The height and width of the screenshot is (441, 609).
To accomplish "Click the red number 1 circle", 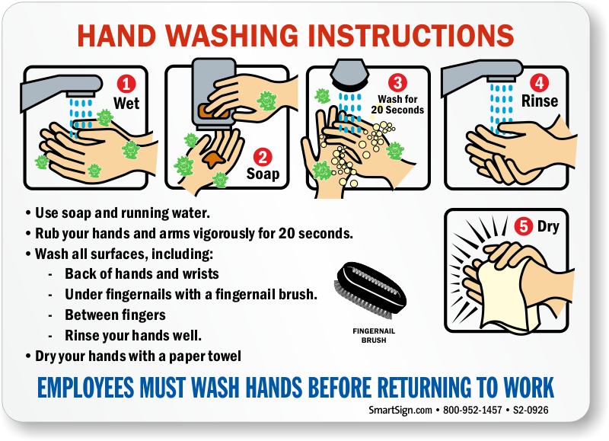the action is click(x=126, y=84).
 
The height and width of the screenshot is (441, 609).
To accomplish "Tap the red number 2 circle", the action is click(x=263, y=158).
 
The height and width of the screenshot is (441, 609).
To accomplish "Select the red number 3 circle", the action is click(x=397, y=83).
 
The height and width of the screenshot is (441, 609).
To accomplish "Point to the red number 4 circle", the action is click(x=540, y=83).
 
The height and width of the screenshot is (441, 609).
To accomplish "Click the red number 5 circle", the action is click(x=524, y=226).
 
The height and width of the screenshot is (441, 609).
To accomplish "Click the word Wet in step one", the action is click(x=126, y=104).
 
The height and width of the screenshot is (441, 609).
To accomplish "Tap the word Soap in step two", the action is click(x=263, y=174).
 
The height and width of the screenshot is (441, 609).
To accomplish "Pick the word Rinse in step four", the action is click(x=540, y=101).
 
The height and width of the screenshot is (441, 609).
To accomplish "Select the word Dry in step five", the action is click(x=548, y=226).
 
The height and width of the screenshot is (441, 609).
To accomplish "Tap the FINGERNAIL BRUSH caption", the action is click(x=374, y=335).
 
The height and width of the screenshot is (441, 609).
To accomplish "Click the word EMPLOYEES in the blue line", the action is click(x=86, y=388).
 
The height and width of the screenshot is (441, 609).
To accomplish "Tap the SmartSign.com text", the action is click(x=400, y=410).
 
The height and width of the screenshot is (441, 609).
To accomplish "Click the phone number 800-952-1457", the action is click(x=472, y=410).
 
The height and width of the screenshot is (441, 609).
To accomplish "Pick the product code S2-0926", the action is click(x=531, y=410).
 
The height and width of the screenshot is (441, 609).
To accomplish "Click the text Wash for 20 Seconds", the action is click(x=397, y=104).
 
